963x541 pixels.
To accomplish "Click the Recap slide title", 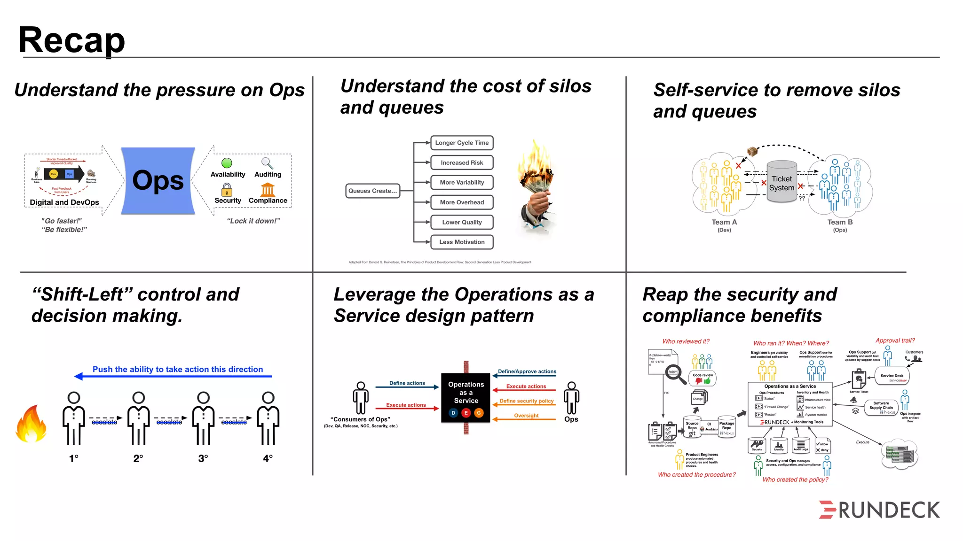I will (71, 40).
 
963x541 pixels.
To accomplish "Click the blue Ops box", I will (158, 181).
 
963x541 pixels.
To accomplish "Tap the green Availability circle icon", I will (227, 163).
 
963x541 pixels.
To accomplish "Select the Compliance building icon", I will (268, 190).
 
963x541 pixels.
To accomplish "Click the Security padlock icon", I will (227, 190).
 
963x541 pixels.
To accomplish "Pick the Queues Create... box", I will (372, 191).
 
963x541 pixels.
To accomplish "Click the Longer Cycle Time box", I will (462, 143).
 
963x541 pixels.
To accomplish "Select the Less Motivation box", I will (462, 242).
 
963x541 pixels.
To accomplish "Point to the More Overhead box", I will (462, 202).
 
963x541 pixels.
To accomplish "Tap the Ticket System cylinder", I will (781, 182).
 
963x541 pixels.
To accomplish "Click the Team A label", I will (724, 222).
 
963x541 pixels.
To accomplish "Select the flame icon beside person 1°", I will (31, 425).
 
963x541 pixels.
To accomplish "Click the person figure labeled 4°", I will (268, 418).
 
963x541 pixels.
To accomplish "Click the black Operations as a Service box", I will (466, 397).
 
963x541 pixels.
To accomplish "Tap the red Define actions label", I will (407, 383).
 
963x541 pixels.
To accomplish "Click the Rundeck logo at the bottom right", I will (879, 510).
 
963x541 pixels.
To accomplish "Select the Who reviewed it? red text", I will (686, 341).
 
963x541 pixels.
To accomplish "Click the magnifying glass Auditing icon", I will (267, 163).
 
